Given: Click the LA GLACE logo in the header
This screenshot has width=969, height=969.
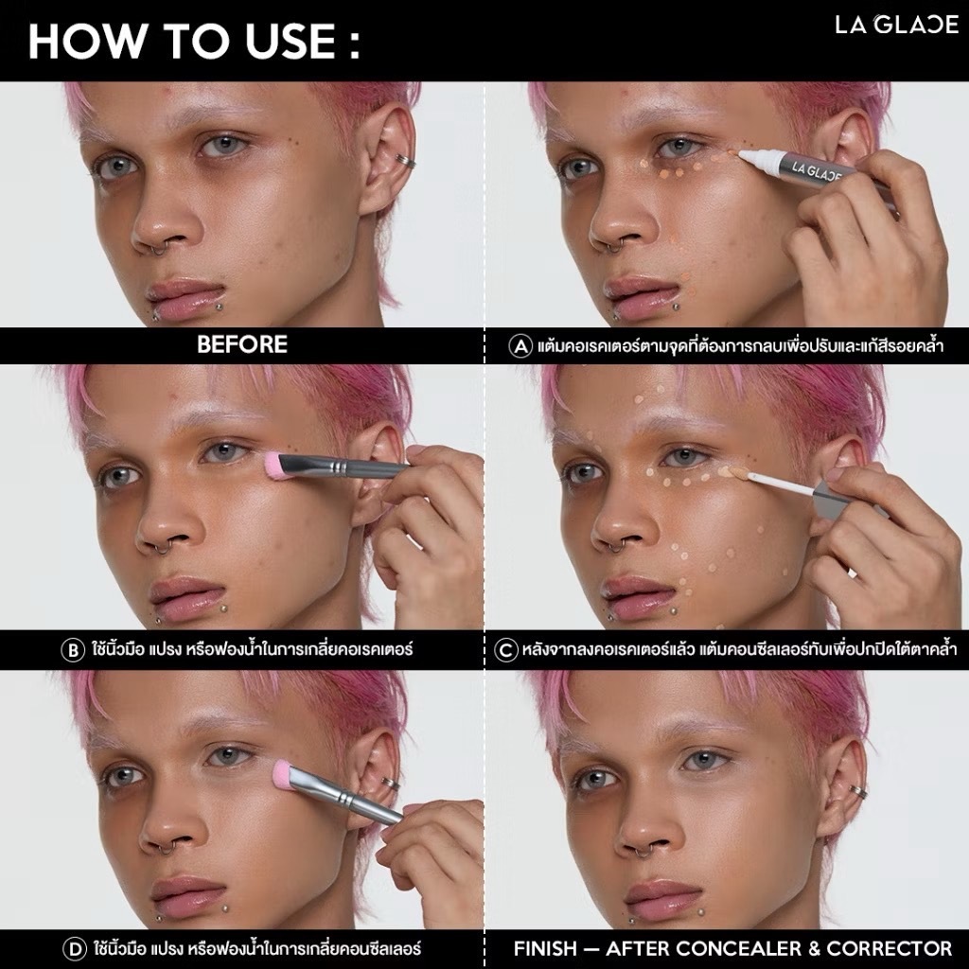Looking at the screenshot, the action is point(897,25).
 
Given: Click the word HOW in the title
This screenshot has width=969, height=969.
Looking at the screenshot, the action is point(86,42).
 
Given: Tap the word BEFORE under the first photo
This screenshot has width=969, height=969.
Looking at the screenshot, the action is point(242,344).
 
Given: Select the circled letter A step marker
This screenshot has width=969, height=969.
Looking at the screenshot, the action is point(520,345).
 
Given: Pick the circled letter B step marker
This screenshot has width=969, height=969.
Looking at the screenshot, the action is point(73,650).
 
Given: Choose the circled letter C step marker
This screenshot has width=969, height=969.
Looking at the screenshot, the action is point(505,650).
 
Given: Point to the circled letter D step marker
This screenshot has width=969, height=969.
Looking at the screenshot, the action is point(75,948).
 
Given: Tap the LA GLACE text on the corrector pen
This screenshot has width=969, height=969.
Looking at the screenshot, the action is point(817,171).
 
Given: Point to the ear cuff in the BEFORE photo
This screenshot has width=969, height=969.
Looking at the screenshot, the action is point(405,161).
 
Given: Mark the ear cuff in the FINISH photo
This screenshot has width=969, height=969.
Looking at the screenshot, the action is point(856,791).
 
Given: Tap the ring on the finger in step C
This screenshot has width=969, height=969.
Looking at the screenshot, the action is point(854,574).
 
